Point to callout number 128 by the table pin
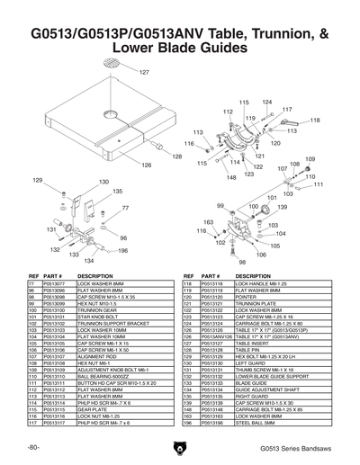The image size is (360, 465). click(x=176, y=156)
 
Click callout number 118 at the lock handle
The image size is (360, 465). click(x=316, y=119)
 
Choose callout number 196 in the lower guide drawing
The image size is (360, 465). click(x=121, y=252)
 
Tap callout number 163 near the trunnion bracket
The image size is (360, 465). click(x=208, y=221)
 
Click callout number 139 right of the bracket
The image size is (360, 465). click(x=282, y=208)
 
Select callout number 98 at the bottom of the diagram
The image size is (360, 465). click(x=242, y=262)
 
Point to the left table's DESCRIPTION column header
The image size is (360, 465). click(x=94, y=276)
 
